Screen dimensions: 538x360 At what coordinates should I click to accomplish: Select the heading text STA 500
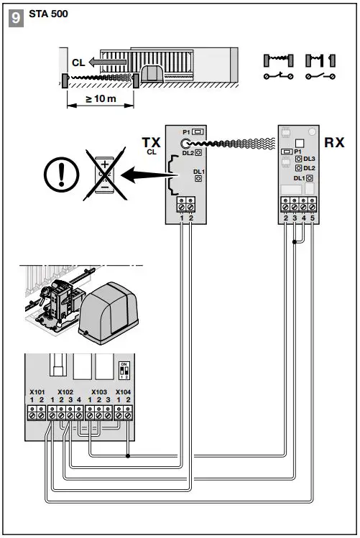[48, 14]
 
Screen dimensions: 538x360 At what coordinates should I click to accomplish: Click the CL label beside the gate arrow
[78, 62]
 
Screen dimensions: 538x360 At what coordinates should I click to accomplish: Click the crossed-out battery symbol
[105, 175]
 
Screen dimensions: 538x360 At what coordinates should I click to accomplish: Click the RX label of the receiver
[334, 142]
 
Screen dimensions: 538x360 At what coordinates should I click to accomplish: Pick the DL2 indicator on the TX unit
[198, 152]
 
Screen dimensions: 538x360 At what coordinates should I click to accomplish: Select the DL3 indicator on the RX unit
[305, 158]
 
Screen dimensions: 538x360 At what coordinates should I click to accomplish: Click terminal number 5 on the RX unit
[312, 217]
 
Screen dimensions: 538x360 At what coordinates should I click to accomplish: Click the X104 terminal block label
[124, 393]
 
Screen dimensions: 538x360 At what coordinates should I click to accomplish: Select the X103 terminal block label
[99, 393]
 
